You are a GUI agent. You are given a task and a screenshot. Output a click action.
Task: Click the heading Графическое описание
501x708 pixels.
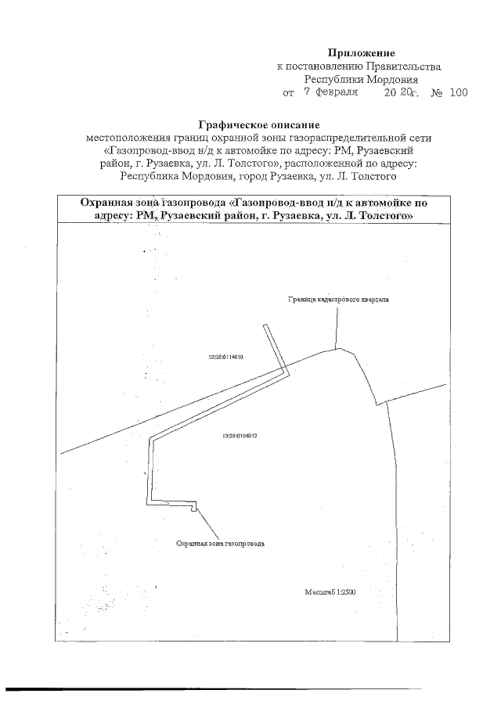(x=258, y=124)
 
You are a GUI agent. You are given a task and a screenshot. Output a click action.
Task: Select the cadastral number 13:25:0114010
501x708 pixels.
(x=227, y=357)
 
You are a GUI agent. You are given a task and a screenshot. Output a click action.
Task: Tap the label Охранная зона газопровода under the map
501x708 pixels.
(x=221, y=542)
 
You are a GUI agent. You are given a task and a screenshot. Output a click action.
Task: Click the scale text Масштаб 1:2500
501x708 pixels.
(x=330, y=592)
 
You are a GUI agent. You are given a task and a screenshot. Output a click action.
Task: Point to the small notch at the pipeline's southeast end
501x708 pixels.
(x=193, y=509)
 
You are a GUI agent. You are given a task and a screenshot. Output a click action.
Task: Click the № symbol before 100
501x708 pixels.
(x=436, y=92)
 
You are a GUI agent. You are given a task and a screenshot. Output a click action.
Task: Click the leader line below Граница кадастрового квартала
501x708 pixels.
(x=337, y=327)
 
